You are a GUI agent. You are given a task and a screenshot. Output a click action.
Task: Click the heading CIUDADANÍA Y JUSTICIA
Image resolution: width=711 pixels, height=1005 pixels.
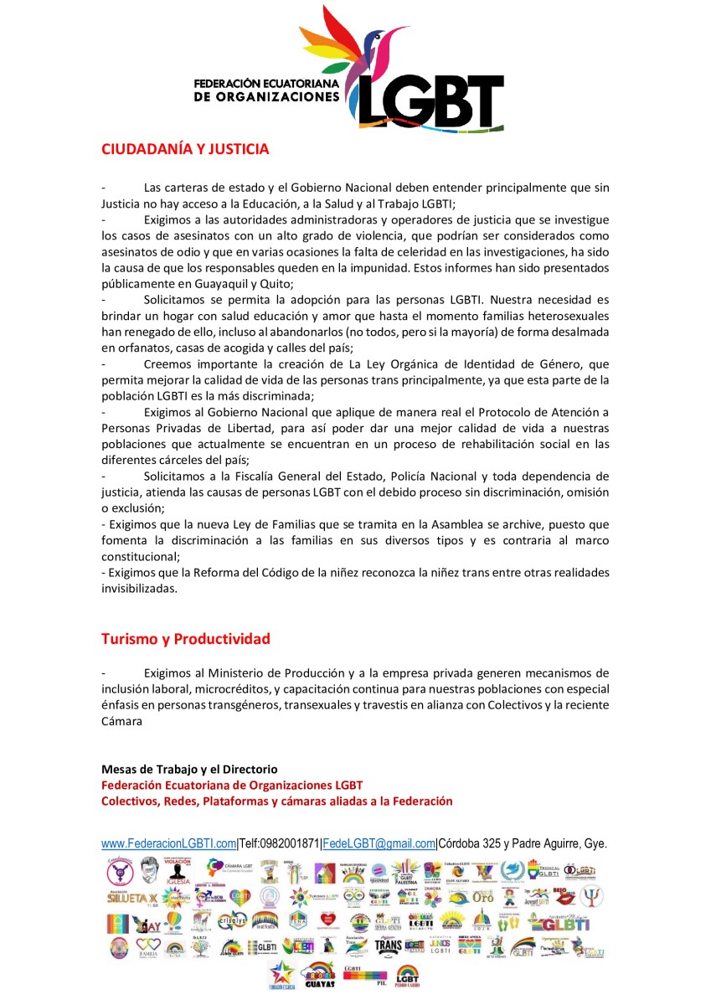185,149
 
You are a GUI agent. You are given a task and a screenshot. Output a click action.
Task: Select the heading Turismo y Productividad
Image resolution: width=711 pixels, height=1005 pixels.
186,639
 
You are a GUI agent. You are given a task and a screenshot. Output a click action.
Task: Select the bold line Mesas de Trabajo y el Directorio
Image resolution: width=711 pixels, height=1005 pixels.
189,769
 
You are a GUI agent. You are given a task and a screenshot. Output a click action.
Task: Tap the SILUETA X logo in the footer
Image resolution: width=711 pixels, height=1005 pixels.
129,897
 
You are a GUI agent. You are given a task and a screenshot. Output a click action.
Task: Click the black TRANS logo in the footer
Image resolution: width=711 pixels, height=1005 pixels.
389,947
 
